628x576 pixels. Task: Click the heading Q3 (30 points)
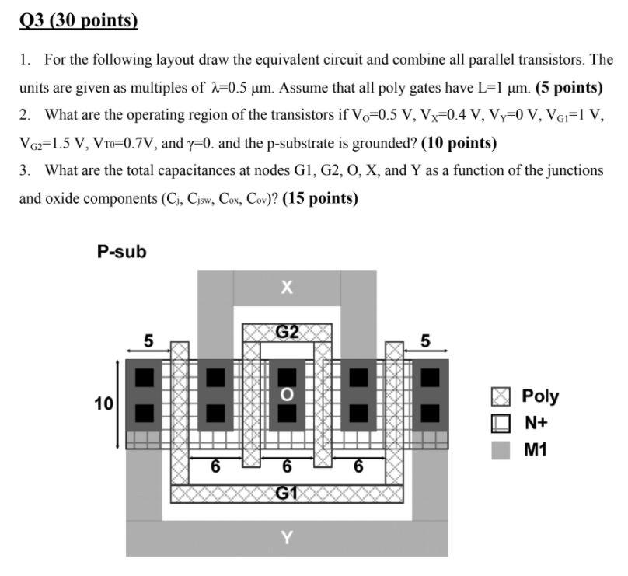click(78, 19)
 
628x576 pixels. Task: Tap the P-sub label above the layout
click(121, 251)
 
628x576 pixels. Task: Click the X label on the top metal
click(286, 288)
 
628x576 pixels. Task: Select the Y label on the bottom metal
click(286, 536)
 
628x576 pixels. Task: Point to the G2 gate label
click(287, 333)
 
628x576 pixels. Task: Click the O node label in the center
click(287, 394)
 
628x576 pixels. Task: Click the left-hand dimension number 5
click(148, 340)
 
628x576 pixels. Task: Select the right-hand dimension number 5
click(424, 340)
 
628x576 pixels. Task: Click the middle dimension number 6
click(287, 467)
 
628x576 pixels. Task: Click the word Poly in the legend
click(540, 396)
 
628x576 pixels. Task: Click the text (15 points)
click(320, 198)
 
